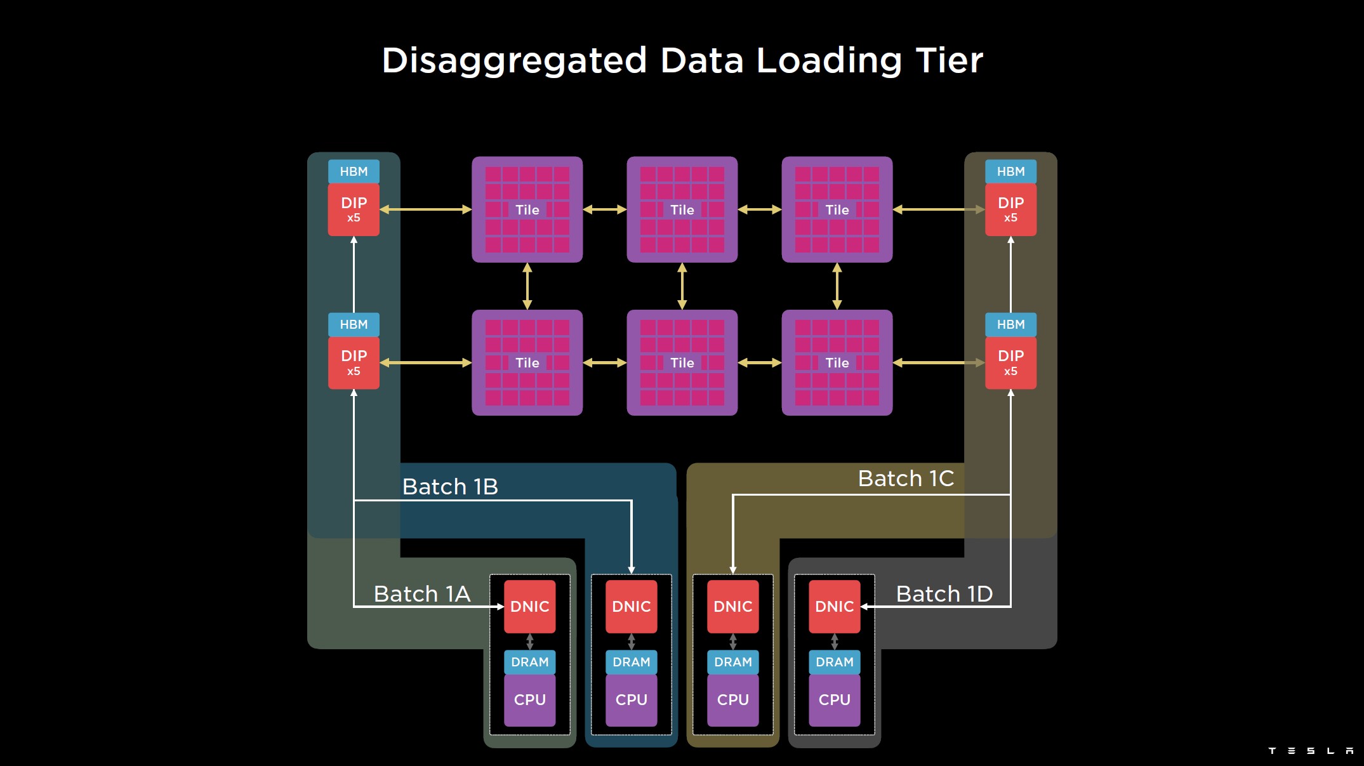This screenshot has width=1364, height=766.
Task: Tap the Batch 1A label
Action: [x=422, y=594]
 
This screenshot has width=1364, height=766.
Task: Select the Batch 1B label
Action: [x=450, y=487]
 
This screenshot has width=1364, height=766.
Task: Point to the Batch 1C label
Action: [x=906, y=479]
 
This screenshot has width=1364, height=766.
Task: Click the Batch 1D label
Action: [x=944, y=594]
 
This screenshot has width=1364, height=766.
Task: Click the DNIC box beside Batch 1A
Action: [x=529, y=607]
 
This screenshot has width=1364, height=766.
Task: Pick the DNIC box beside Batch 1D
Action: [x=834, y=607]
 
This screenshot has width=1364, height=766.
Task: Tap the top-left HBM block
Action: [x=354, y=171]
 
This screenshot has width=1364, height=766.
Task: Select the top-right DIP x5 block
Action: [x=1010, y=209]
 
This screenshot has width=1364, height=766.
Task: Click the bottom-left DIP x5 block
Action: [x=354, y=362]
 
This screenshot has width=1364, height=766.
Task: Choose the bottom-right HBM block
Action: [x=1010, y=324]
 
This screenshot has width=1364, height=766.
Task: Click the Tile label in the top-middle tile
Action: [x=682, y=210]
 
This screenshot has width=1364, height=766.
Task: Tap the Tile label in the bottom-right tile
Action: [x=837, y=363]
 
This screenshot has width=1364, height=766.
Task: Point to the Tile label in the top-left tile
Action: [x=527, y=210]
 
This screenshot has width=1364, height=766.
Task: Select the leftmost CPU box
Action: [x=529, y=699]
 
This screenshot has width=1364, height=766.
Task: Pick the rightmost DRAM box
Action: [x=834, y=662]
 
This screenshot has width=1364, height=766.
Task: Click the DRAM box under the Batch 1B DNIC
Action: [x=631, y=662]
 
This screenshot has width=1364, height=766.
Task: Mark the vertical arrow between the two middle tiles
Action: [x=682, y=286]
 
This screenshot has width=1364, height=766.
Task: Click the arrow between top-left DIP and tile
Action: [x=425, y=209]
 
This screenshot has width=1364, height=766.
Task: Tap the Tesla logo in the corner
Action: [x=1310, y=751]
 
